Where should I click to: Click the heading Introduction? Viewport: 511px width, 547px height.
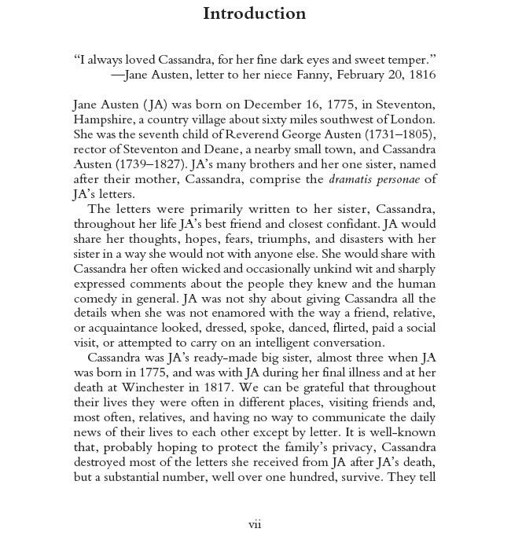(254, 13)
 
